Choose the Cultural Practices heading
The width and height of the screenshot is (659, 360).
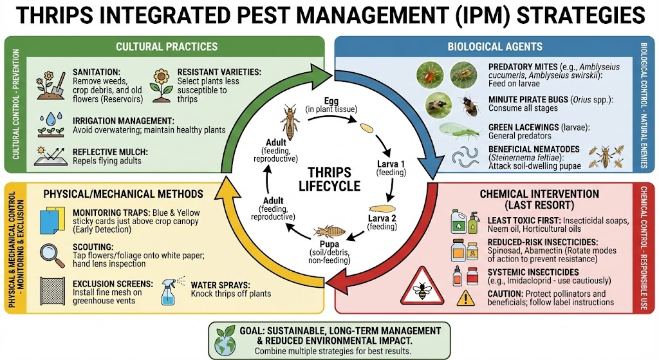[166, 46]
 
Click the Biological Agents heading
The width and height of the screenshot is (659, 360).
[494, 46]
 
